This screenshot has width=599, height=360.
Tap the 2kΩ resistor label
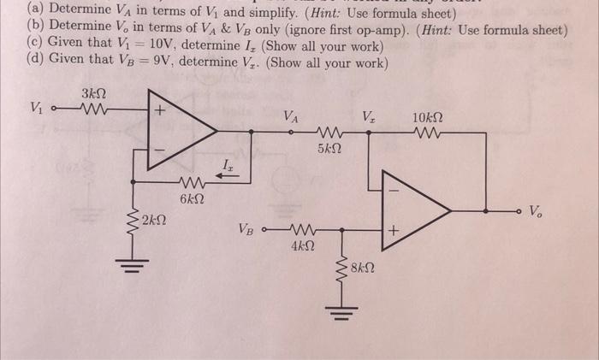click(x=155, y=221)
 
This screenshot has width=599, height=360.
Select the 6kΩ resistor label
click(x=192, y=198)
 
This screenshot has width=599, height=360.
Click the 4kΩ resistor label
click(x=302, y=247)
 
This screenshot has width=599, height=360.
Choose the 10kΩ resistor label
click(x=428, y=116)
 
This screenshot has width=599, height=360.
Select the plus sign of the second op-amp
click(x=394, y=231)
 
